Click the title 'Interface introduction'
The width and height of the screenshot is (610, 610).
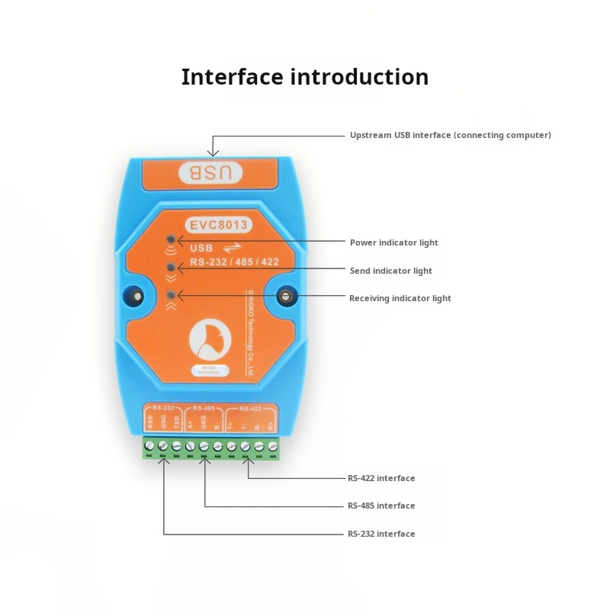(x=304, y=77)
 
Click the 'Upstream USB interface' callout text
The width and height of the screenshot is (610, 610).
(x=450, y=135)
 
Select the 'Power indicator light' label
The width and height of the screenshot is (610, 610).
(x=393, y=242)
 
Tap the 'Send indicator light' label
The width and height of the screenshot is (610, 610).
(x=390, y=271)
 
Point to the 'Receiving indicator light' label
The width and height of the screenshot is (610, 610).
(x=400, y=298)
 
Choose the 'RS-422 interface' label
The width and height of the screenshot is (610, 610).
(x=381, y=478)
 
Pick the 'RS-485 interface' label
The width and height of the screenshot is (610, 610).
(x=381, y=506)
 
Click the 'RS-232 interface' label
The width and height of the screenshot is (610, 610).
(x=381, y=534)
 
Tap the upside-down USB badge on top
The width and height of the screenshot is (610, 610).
(x=211, y=173)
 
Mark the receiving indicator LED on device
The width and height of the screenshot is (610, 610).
(x=171, y=295)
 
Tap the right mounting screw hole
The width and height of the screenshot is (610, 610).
(x=287, y=297)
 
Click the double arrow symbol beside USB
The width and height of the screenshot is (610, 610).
(x=231, y=248)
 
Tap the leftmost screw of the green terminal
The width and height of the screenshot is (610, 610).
(x=149, y=446)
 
